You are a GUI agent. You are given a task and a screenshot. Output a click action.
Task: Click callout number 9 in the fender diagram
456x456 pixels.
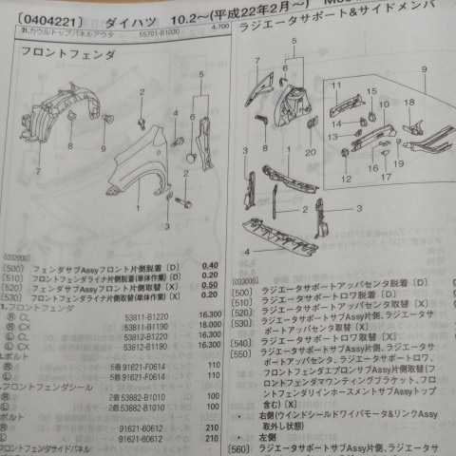point(103,147)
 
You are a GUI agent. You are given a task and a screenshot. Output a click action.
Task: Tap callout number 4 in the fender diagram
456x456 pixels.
point(175,114)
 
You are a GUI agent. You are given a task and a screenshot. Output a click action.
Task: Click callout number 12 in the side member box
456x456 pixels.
point(345,178)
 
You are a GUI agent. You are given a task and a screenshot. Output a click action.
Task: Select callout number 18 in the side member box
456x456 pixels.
point(408,101)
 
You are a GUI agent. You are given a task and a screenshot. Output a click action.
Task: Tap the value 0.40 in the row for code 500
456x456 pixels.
point(210,264)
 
